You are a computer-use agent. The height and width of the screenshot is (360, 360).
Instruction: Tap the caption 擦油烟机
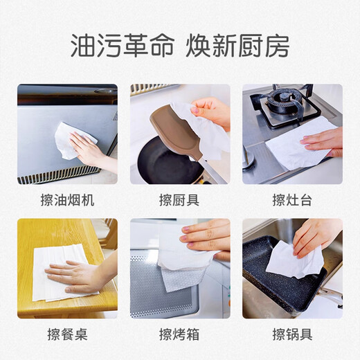[67, 201]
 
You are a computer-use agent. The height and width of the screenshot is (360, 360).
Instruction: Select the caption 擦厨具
[179, 201]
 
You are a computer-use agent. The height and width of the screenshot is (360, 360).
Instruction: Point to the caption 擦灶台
[292, 201]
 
